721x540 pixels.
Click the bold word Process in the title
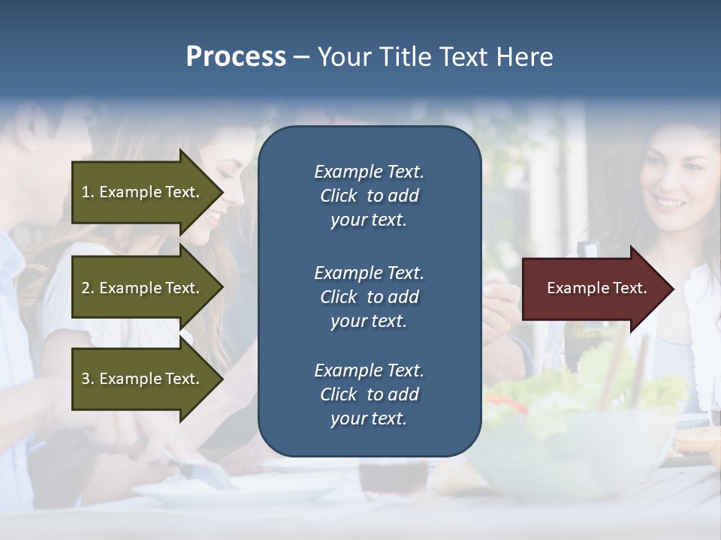click(236, 57)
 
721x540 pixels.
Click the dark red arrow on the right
click(593, 289)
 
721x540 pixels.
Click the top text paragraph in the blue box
click(369, 196)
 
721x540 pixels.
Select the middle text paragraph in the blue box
click(369, 297)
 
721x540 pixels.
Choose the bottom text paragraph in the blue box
click(369, 394)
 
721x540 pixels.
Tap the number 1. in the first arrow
click(88, 192)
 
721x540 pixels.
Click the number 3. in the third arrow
click(88, 379)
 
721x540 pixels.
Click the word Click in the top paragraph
click(339, 196)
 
